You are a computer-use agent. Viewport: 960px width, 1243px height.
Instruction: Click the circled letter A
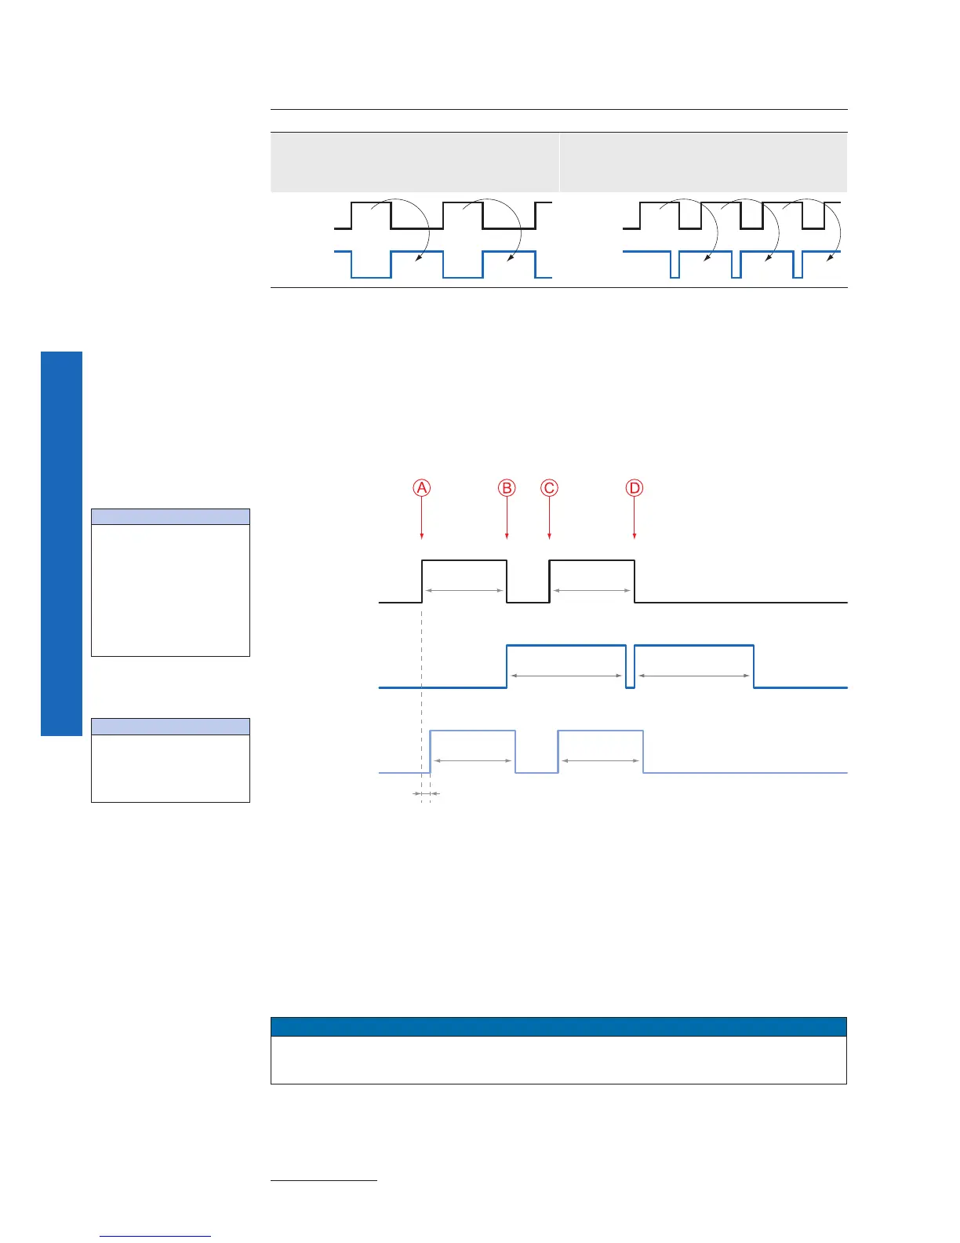click(x=422, y=488)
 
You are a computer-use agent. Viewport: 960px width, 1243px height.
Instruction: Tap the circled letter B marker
click(x=507, y=488)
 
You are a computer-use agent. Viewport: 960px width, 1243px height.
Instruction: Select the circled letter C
click(x=549, y=488)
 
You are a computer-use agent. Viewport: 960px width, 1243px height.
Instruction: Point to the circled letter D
click(x=635, y=488)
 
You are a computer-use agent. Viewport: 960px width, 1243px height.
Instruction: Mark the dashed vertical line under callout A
click(x=422, y=691)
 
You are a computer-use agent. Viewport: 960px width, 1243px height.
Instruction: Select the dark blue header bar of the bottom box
click(x=558, y=1026)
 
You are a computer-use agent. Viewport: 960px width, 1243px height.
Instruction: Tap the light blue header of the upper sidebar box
click(x=170, y=516)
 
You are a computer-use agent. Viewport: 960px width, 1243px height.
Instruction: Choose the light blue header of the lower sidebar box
click(x=170, y=726)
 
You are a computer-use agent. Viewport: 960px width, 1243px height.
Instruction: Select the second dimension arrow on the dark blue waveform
click(x=693, y=676)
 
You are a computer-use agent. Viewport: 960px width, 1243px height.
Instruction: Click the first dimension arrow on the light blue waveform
click(x=473, y=760)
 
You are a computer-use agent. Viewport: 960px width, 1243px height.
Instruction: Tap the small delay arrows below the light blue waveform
click(x=426, y=794)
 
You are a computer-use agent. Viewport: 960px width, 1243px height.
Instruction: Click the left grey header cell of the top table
click(x=414, y=162)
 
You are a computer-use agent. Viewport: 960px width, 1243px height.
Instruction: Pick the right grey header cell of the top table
click(x=704, y=162)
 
